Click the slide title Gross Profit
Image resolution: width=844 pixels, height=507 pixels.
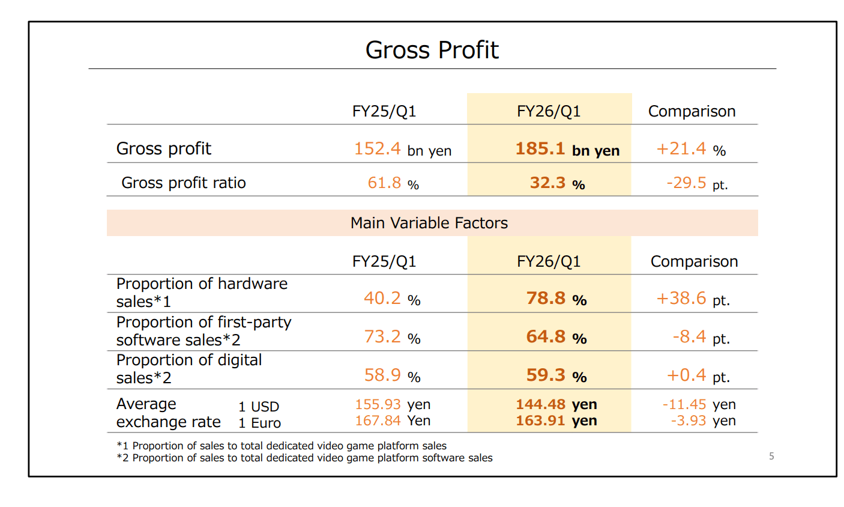[x=432, y=50]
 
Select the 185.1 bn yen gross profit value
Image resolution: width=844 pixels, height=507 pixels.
[x=567, y=149]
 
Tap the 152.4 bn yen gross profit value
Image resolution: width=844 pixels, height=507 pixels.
[x=402, y=149]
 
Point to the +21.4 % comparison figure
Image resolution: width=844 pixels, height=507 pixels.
[x=691, y=149]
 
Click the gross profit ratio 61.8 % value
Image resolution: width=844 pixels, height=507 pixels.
[x=393, y=183]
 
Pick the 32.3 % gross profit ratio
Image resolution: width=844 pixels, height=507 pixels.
[x=556, y=183]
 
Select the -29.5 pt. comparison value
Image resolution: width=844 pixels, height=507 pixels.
[x=696, y=183]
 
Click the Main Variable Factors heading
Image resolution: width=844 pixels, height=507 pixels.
[x=429, y=223]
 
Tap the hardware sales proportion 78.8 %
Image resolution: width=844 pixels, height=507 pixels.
[x=556, y=299]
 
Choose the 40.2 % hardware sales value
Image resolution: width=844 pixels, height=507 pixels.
[x=391, y=299]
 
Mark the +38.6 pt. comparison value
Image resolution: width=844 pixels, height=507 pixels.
[x=693, y=299]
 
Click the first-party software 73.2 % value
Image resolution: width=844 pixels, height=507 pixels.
[x=391, y=337]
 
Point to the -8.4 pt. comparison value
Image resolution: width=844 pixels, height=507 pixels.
[x=701, y=337]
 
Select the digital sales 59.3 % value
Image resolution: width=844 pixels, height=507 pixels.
[x=556, y=375]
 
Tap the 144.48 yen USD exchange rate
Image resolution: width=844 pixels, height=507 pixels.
[x=556, y=404]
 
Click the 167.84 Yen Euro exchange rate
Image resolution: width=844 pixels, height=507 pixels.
[x=392, y=420]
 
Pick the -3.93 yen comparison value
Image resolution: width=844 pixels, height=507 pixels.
[x=703, y=420]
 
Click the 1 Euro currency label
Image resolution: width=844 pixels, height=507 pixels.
[x=259, y=423]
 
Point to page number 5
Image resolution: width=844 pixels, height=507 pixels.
[x=771, y=457]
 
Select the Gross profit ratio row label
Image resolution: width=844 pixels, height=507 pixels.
[x=183, y=183]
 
